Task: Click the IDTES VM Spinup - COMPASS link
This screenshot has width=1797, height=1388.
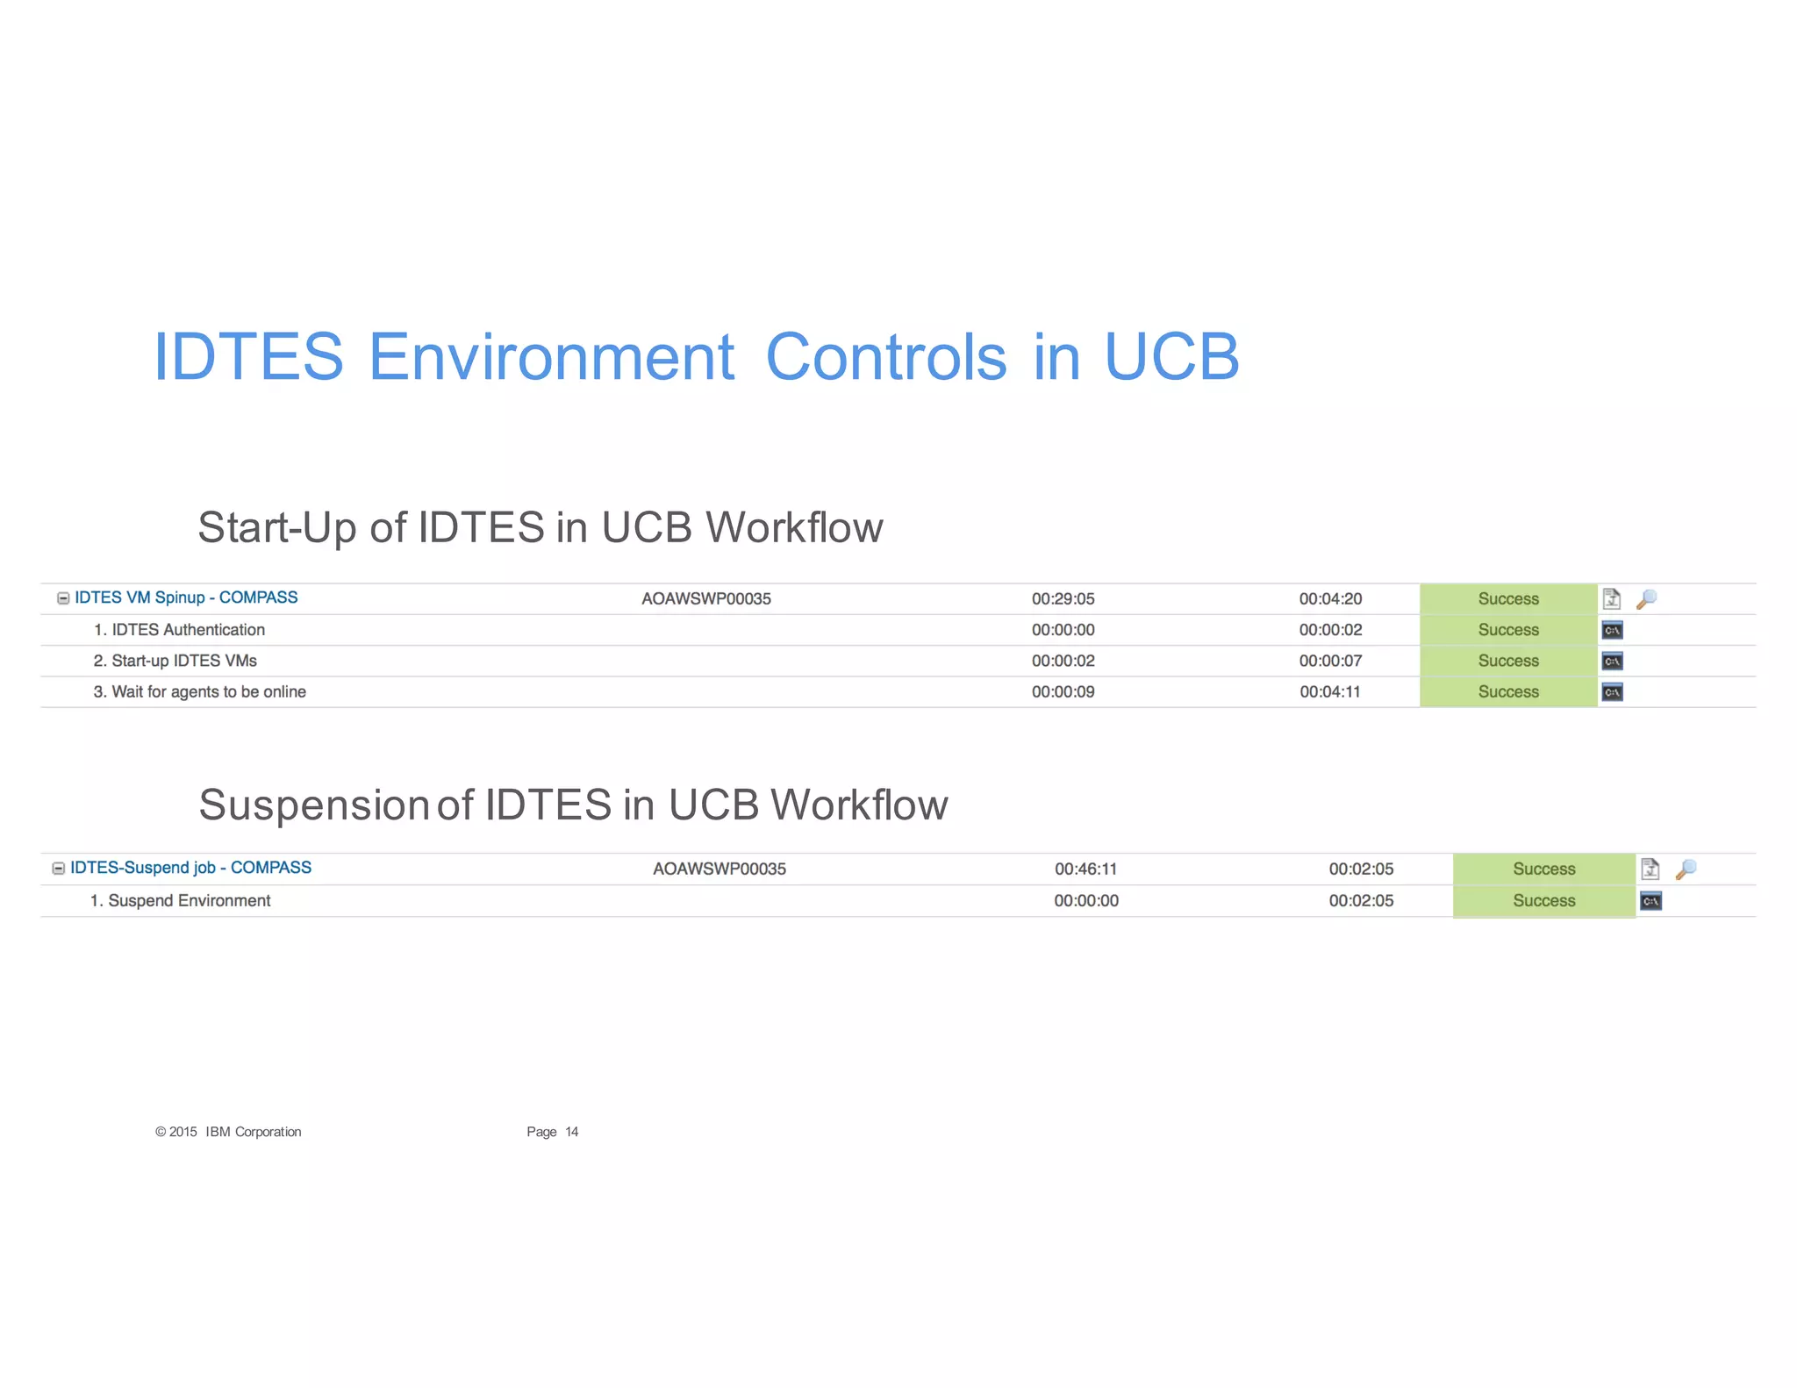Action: point(186,597)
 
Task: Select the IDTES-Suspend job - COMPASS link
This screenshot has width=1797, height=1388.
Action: point(190,868)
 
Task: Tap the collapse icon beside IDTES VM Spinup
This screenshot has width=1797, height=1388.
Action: point(63,598)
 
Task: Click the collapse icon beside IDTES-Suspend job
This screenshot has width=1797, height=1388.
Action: point(59,869)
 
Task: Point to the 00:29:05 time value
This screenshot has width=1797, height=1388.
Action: point(1063,599)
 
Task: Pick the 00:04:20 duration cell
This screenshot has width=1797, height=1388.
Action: point(1330,599)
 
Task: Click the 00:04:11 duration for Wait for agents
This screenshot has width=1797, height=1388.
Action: point(1330,692)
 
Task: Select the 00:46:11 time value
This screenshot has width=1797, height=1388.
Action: point(1085,869)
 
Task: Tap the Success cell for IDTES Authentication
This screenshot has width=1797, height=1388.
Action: point(1507,630)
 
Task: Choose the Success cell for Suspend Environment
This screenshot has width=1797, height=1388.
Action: point(1543,901)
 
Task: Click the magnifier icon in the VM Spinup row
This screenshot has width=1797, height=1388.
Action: point(1646,599)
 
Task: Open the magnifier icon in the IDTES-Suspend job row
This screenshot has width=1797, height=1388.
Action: point(1685,869)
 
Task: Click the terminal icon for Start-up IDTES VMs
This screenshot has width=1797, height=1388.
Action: point(1612,662)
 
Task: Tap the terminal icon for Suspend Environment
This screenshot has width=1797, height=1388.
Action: point(1650,901)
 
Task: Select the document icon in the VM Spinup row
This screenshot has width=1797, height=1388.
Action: point(1611,599)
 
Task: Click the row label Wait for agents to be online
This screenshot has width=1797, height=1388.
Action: point(200,692)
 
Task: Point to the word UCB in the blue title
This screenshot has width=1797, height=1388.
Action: point(1171,357)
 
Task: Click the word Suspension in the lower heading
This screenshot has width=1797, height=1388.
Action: point(313,805)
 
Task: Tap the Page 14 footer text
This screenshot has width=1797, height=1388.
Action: point(552,1132)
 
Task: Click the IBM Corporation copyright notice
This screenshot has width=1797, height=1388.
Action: point(228,1132)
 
